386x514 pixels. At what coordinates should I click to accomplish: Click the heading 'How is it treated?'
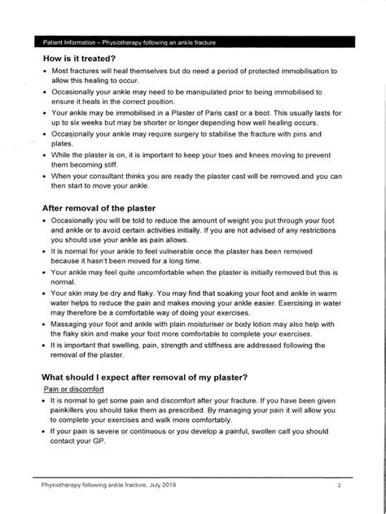(x=85, y=58)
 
